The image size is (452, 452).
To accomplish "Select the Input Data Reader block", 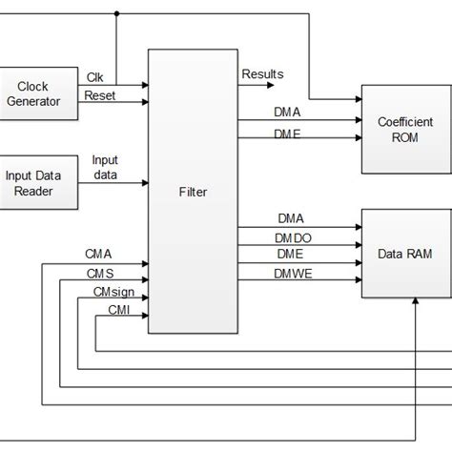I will pos(39,182).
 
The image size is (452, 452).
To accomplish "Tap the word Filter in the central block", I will pos(192,192).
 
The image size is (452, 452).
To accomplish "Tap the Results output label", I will pos(262,73).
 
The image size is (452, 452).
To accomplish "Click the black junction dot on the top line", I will pos(116,14).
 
